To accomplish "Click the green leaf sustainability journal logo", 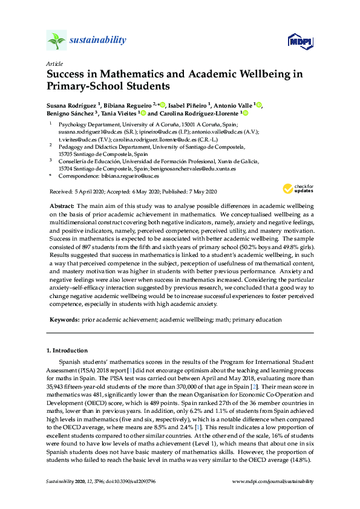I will tap(56, 41).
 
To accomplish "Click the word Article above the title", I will tap(53, 63).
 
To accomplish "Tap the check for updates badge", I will tap(295, 188).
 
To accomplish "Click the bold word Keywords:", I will tap(64, 319).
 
